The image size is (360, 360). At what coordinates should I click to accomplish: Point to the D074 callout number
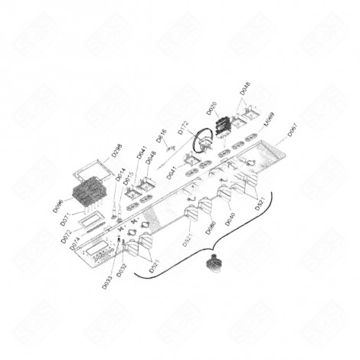[x=75, y=246]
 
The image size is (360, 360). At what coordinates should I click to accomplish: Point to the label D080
[x=210, y=227]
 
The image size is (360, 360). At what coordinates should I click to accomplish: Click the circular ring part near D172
[x=202, y=142]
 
